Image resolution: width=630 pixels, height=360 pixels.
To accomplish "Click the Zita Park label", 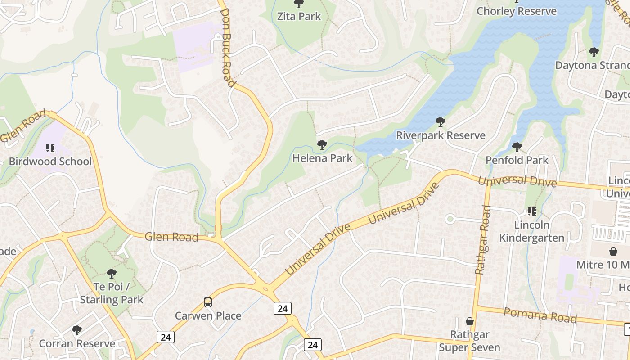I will pyautogui.click(x=299, y=17).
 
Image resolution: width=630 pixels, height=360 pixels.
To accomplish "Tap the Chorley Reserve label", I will pyautogui.click(x=516, y=11).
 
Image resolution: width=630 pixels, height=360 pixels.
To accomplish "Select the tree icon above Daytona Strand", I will pyautogui.click(x=594, y=52).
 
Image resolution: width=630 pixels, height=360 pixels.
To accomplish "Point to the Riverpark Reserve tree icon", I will pyautogui.click(x=441, y=122).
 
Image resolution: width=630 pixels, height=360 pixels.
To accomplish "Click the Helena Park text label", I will pyautogui.click(x=322, y=158).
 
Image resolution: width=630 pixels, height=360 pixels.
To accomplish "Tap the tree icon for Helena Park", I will pyautogui.click(x=322, y=145).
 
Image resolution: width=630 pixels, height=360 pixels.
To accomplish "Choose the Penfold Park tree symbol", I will pyautogui.click(x=517, y=147).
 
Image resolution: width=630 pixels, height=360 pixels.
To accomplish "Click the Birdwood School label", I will pyautogui.click(x=50, y=162).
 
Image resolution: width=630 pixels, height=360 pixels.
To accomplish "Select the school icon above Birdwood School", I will pyautogui.click(x=50, y=148).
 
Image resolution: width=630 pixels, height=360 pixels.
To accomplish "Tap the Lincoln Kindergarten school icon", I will pyautogui.click(x=531, y=211).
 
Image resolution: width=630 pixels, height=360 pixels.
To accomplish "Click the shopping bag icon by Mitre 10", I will pyautogui.click(x=613, y=251).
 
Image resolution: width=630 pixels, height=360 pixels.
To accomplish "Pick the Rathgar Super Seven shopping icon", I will pyautogui.click(x=470, y=321).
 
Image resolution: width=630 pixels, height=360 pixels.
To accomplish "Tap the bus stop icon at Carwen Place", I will pyautogui.click(x=208, y=302).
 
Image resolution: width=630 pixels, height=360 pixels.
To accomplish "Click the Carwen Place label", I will pyautogui.click(x=208, y=316).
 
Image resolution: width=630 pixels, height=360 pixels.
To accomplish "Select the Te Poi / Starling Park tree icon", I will pyautogui.click(x=112, y=273).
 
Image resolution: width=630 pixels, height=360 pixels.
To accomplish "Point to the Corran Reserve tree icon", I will pyautogui.click(x=77, y=330).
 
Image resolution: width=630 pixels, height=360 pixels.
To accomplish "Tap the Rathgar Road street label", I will pyautogui.click(x=482, y=240).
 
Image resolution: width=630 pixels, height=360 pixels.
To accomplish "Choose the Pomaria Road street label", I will pyautogui.click(x=540, y=315).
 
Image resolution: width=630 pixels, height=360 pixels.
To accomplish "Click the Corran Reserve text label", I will pyautogui.click(x=77, y=344).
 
